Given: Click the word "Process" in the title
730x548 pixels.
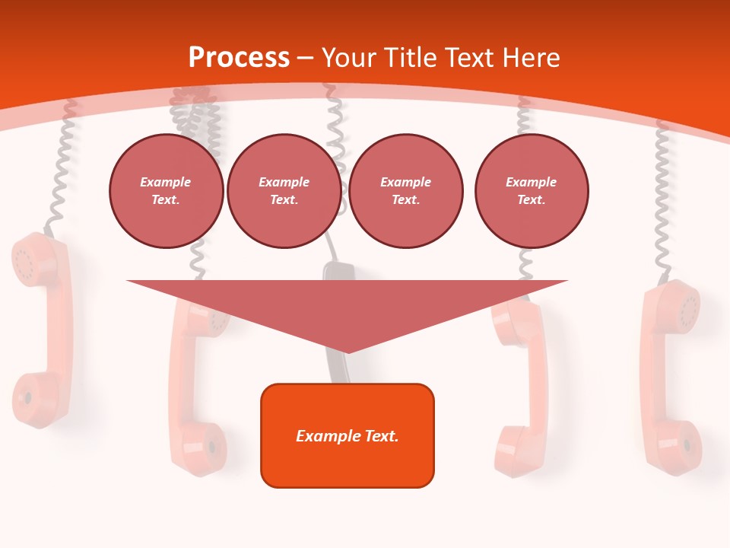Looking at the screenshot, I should pyautogui.click(x=239, y=58).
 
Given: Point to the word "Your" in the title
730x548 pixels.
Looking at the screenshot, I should pyautogui.click(x=350, y=58).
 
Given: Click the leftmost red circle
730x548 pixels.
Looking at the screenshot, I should pyautogui.click(x=166, y=191).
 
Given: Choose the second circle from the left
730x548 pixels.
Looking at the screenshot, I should pyautogui.click(x=284, y=191).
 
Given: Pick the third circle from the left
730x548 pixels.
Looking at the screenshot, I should pyautogui.click(x=405, y=191).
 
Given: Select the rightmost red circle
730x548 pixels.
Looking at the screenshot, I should pyautogui.click(x=532, y=191).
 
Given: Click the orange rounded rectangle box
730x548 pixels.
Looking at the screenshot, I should pyautogui.click(x=348, y=435).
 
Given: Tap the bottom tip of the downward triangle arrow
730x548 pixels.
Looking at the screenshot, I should pyautogui.click(x=348, y=351).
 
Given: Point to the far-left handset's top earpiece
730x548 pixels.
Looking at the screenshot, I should pyautogui.click(x=34, y=259).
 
